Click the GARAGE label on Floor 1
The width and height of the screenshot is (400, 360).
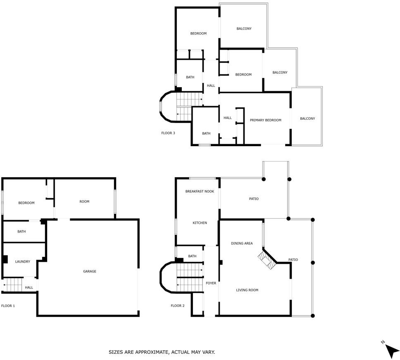90,271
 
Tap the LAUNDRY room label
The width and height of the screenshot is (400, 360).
22,262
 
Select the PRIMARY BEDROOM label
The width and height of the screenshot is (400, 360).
266,120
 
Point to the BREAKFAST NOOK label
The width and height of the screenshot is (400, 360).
200,191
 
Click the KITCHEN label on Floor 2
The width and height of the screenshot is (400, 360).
200,223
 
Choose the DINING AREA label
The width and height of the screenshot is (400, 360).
242,243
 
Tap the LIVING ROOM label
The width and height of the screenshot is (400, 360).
247,290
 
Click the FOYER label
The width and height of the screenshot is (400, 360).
211,283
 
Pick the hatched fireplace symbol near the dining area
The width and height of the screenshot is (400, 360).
267,260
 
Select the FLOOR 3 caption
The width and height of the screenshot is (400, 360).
168,133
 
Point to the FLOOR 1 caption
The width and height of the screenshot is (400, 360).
8,306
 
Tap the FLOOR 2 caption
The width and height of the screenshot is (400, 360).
178,306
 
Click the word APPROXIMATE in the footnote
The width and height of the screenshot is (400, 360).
152,352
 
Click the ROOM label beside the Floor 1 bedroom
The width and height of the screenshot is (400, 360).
84,201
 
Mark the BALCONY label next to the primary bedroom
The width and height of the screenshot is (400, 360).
307,118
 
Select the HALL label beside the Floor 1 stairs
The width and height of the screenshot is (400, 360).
29,287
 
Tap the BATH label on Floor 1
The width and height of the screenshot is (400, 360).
21,232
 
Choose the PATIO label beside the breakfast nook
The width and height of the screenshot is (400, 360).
254,199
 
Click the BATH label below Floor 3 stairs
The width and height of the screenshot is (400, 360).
206,133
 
